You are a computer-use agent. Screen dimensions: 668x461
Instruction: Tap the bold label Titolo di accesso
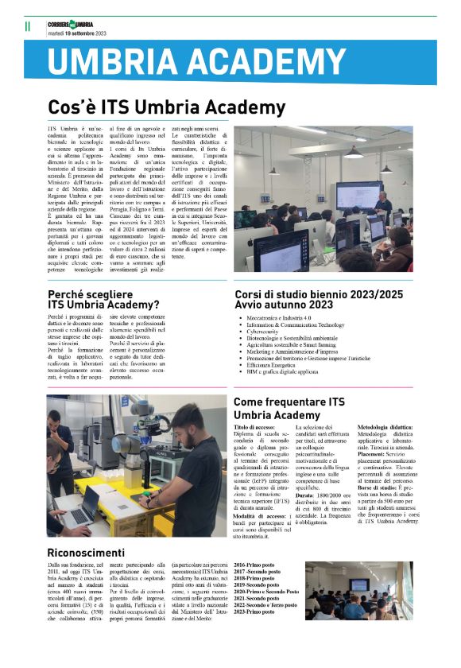(253, 428)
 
